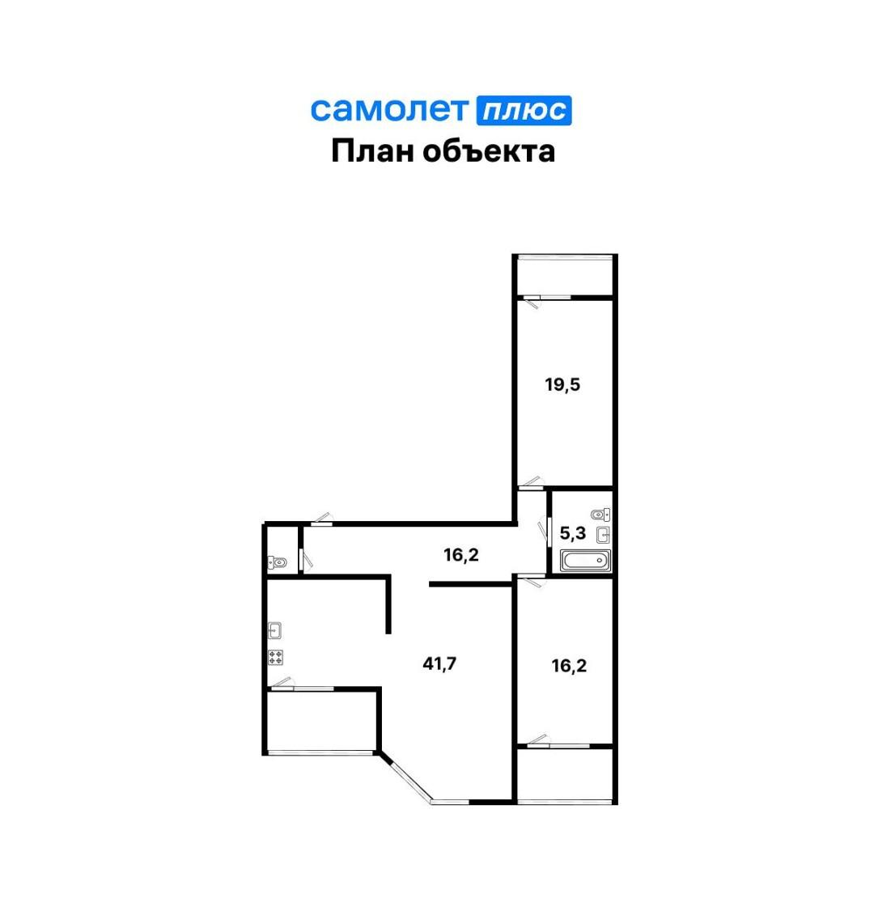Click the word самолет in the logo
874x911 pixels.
click(x=388, y=109)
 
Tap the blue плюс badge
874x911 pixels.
click(x=524, y=110)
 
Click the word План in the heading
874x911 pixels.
click(x=372, y=150)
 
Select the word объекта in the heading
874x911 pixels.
click(x=489, y=151)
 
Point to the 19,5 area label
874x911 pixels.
click(x=562, y=384)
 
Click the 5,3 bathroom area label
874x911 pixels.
click(x=573, y=533)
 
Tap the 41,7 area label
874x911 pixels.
click(x=440, y=663)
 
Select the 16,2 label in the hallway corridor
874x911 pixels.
click(x=461, y=555)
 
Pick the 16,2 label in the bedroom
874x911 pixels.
click(x=569, y=665)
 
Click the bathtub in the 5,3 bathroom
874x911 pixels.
click(x=585, y=561)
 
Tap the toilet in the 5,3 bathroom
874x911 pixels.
click(x=600, y=515)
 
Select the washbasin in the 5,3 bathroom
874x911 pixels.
click(x=604, y=535)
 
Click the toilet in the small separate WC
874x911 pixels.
click(x=278, y=562)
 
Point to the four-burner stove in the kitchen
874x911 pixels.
click(x=275, y=657)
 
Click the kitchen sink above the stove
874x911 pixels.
click(x=275, y=630)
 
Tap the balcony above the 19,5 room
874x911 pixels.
click(x=565, y=276)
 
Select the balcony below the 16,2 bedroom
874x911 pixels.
click(x=565, y=775)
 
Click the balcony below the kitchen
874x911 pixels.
click(x=321, y=721)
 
